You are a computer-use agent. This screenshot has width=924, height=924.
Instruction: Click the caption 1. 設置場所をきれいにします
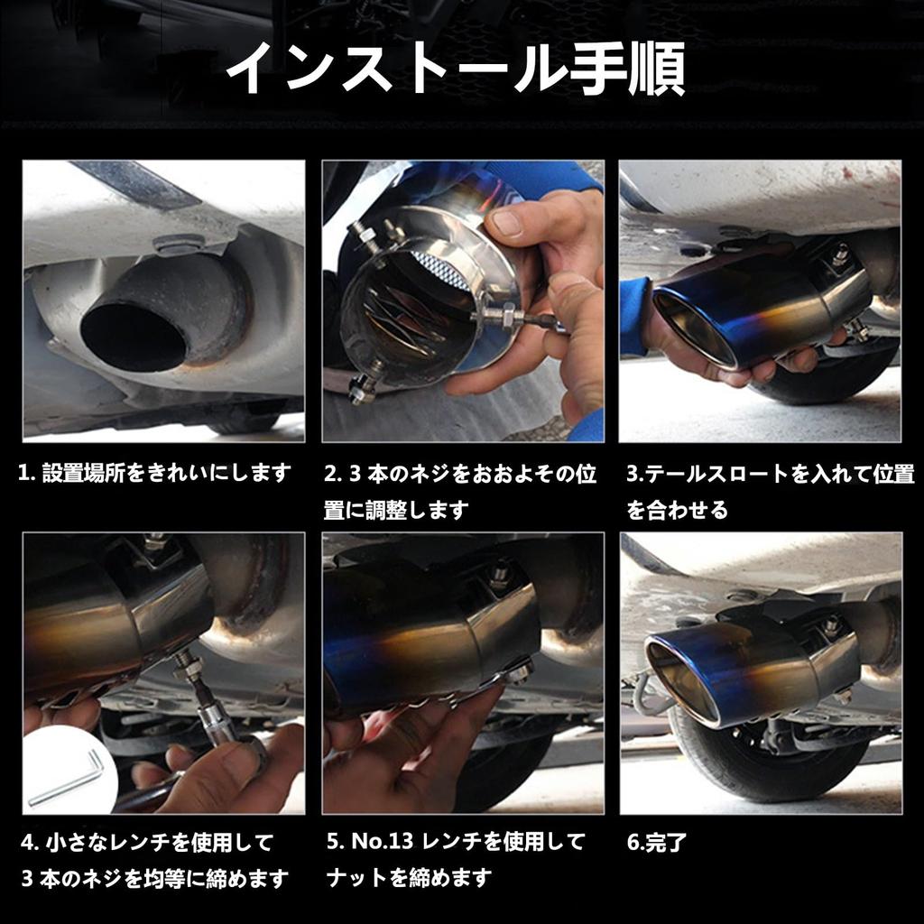coord(155,473)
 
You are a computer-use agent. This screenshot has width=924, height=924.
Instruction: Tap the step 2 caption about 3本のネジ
coord(459,492)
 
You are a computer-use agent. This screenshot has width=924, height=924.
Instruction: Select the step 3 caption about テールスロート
coord(770,492)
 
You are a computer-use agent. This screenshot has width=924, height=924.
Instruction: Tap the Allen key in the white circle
coord(67,778)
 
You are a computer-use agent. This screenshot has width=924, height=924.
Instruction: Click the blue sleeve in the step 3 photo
coord(633,314)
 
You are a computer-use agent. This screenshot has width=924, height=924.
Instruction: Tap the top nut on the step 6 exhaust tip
coord(830,624)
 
